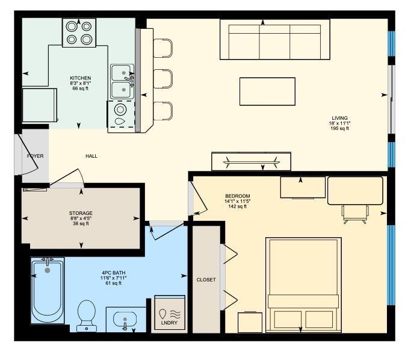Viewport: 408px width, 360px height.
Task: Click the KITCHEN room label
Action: coord(80,78)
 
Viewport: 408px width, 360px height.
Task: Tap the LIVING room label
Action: coord(339,118)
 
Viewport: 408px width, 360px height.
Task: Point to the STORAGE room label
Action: coord(81,213)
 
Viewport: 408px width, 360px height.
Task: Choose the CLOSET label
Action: coord(206,280)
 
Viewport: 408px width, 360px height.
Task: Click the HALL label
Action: coord(91,156)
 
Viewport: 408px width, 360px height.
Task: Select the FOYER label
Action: coord(35,156)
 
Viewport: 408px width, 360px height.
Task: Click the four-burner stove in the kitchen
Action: coord(79,33)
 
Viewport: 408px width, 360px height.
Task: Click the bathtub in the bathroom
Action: coord(48,291)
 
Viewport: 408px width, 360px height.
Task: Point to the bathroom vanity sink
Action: coord(126,318)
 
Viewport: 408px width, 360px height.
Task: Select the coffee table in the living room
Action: coord(267,92)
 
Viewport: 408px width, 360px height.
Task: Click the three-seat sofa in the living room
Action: coord(274,39)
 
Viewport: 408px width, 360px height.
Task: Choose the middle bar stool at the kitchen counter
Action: coord(163,79)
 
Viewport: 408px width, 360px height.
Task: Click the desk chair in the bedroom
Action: coord(355,211)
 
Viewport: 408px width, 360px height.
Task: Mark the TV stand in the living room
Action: coord(251,161)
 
